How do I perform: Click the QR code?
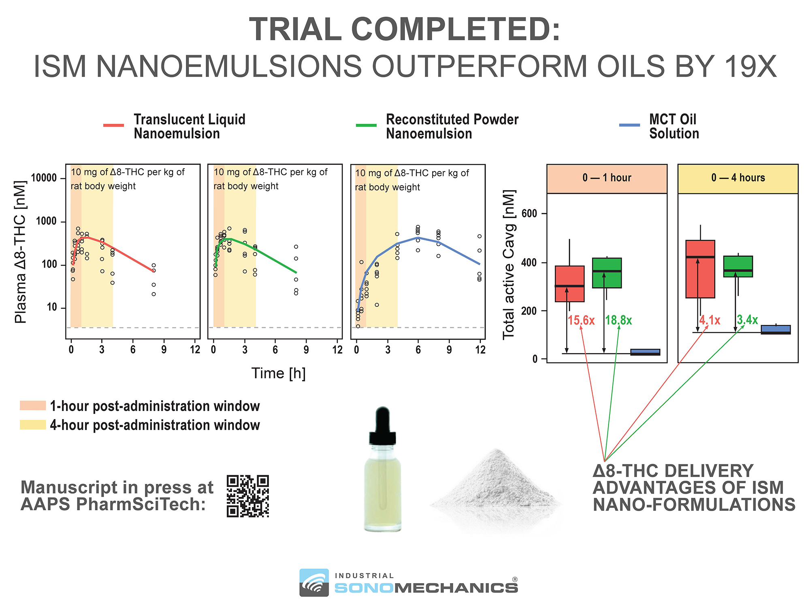coord(248,496)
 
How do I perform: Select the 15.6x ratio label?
coord(581,320)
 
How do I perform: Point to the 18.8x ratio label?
coord(618,320)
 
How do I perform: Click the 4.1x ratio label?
coord(710,320)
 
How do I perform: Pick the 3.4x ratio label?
coord(747,320)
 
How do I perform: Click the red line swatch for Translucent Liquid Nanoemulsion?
coord(113,125)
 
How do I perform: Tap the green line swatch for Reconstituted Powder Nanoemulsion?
coord(366,125)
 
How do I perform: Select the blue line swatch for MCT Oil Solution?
coord(629,125)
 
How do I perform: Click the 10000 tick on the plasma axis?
coord(44,178)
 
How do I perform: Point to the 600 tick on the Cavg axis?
coord(529,214)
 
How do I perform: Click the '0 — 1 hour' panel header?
coord(607,178)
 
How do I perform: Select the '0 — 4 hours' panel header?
coord(738,178)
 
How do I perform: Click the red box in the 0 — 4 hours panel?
coord(700,269)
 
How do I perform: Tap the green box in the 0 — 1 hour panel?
coord(607,273)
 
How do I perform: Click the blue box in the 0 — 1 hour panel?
coord(645,352)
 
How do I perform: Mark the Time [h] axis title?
coord(279,373)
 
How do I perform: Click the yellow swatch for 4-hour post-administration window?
coord(33,425)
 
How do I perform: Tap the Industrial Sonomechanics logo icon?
coord(314,582)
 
